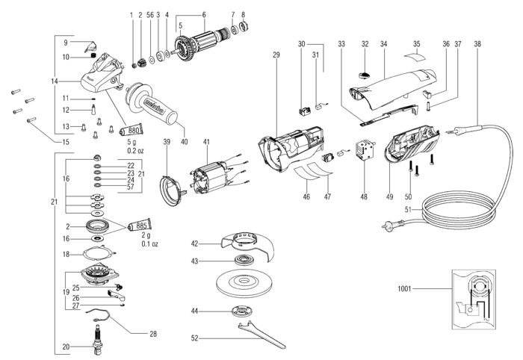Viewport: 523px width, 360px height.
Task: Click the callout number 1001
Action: click(404, 288)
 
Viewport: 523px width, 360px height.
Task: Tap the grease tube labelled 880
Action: click(131, 129)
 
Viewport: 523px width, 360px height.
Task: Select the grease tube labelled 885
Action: click(140, 226)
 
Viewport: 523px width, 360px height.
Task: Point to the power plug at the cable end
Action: click(389, 226)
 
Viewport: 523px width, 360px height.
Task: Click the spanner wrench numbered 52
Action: click(262, 335)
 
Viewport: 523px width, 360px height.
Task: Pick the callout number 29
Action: click(276, 55)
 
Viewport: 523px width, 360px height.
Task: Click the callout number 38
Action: click(477, 43)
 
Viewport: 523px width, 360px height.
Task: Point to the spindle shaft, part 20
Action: click(97, 338)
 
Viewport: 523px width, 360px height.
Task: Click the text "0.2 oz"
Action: click(135, 151)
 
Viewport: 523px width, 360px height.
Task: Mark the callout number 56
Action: click(150, 15)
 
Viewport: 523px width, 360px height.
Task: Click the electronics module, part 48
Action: click(365, 149)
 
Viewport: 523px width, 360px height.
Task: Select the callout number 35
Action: click(417, 43)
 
